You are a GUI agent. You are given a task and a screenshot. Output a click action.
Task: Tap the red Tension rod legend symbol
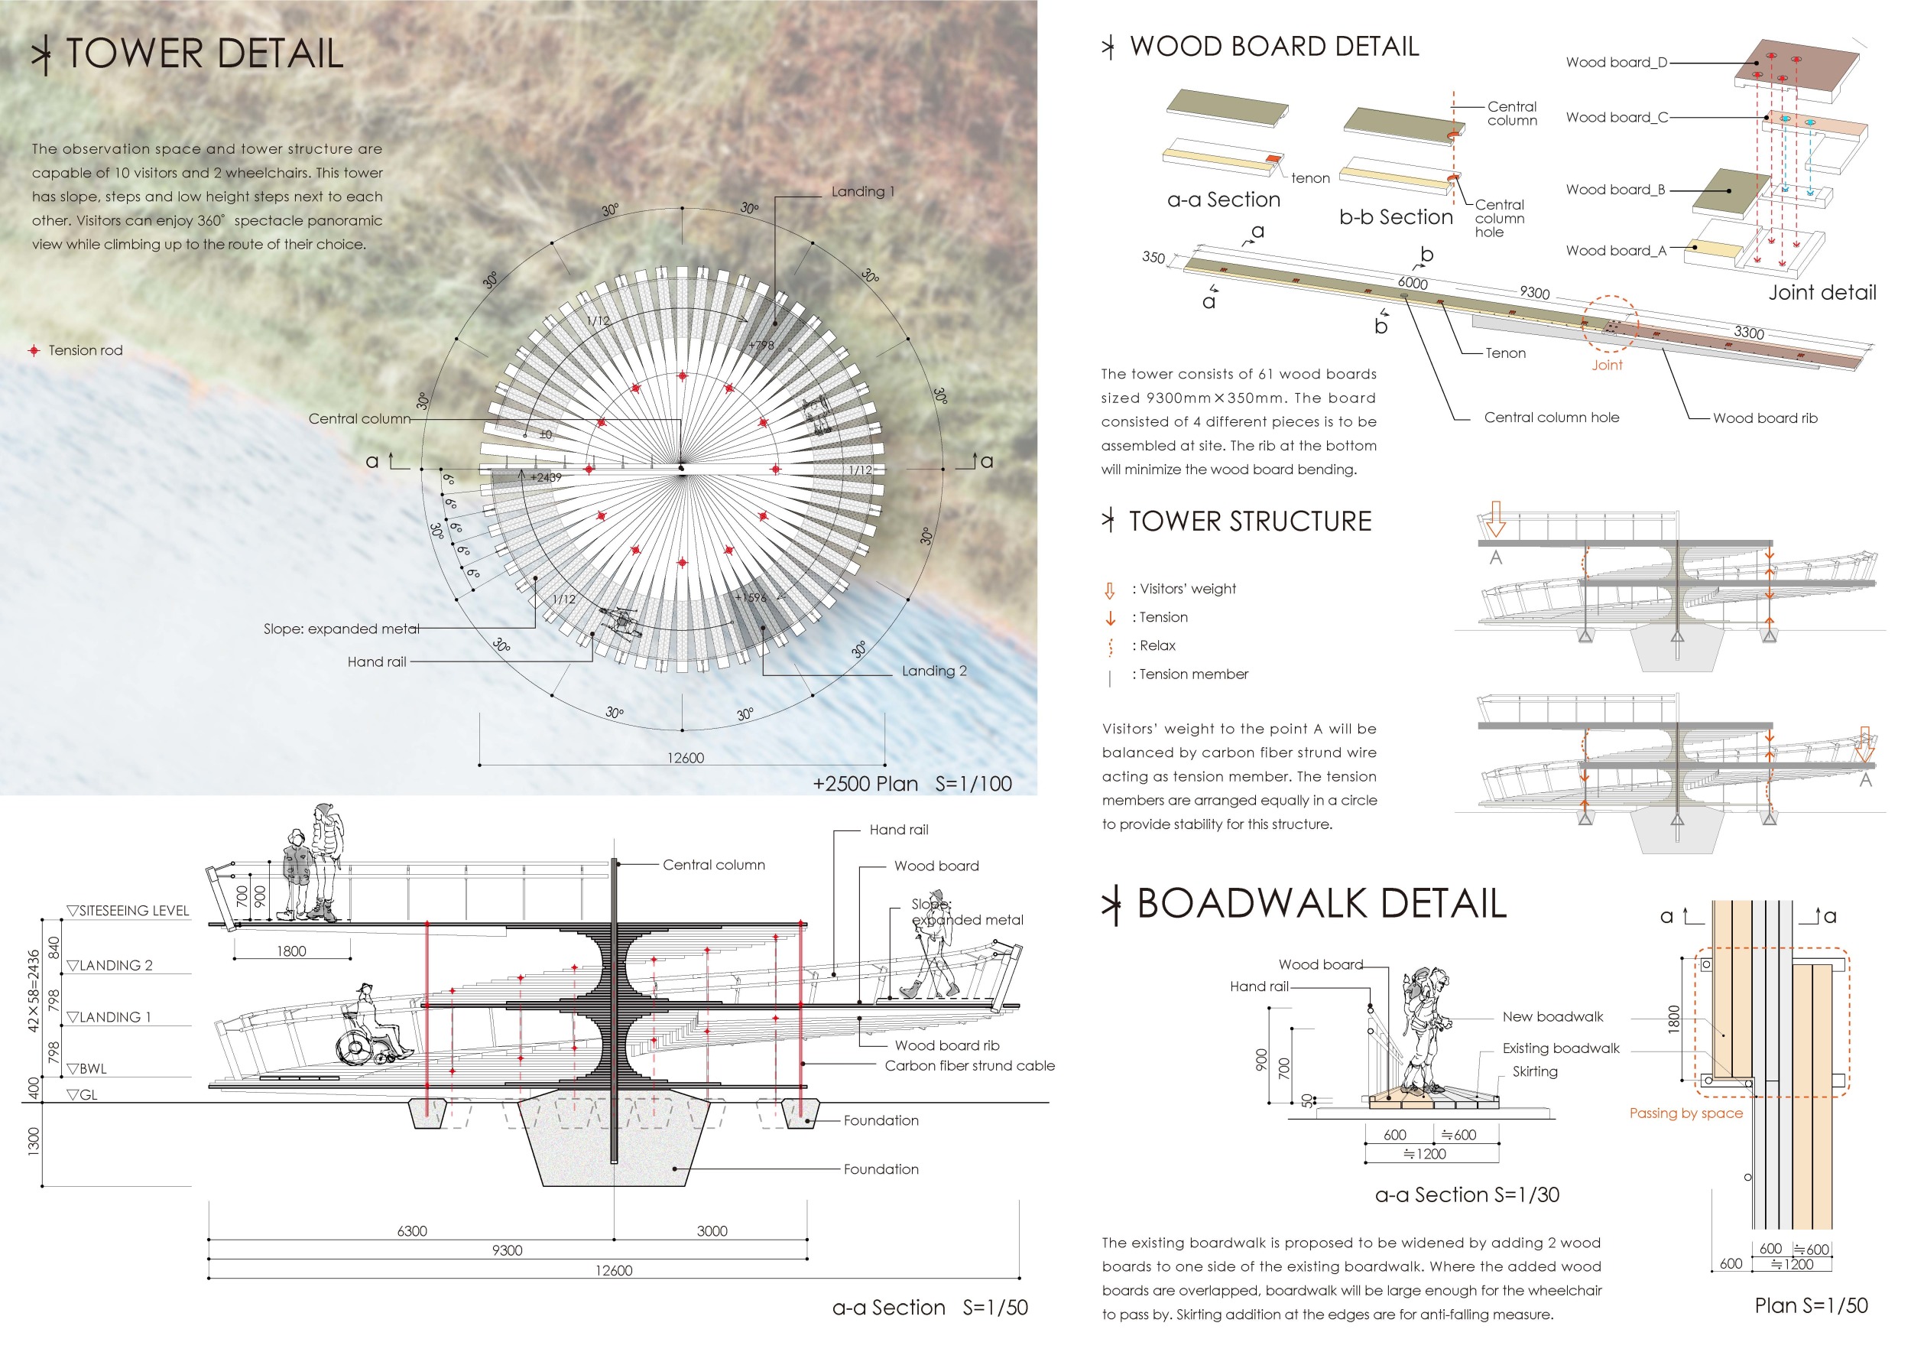click(x=34, y=350)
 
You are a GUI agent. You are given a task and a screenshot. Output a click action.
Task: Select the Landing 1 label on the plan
click(x=862, y=191)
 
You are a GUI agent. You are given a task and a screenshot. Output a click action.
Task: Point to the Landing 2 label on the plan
click(x=934, y=671)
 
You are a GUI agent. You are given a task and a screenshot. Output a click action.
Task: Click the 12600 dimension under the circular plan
click(x=685, y=758)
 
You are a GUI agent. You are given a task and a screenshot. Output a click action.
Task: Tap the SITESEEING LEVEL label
click(x=133, y=911)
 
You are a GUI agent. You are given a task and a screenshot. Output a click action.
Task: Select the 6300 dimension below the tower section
click(x=412, y=1230)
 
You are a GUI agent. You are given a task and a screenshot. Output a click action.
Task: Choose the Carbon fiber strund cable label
click(x=968, y=1065)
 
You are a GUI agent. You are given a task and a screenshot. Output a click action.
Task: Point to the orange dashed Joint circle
click(x=1609, y=325)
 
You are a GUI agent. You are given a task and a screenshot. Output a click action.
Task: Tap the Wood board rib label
click(x=1764, y=418)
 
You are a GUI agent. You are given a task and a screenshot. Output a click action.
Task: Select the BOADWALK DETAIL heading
click(x=1321, y=904)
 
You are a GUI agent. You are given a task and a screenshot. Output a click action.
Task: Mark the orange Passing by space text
click(x=1686, y=1113)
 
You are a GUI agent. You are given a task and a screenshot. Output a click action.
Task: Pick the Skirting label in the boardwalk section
click(x=1535, y=1071)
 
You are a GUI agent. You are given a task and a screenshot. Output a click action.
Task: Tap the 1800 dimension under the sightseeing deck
click(x=291, y=951)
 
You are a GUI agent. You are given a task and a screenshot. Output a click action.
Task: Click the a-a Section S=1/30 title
click(x=1467, y=1194)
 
